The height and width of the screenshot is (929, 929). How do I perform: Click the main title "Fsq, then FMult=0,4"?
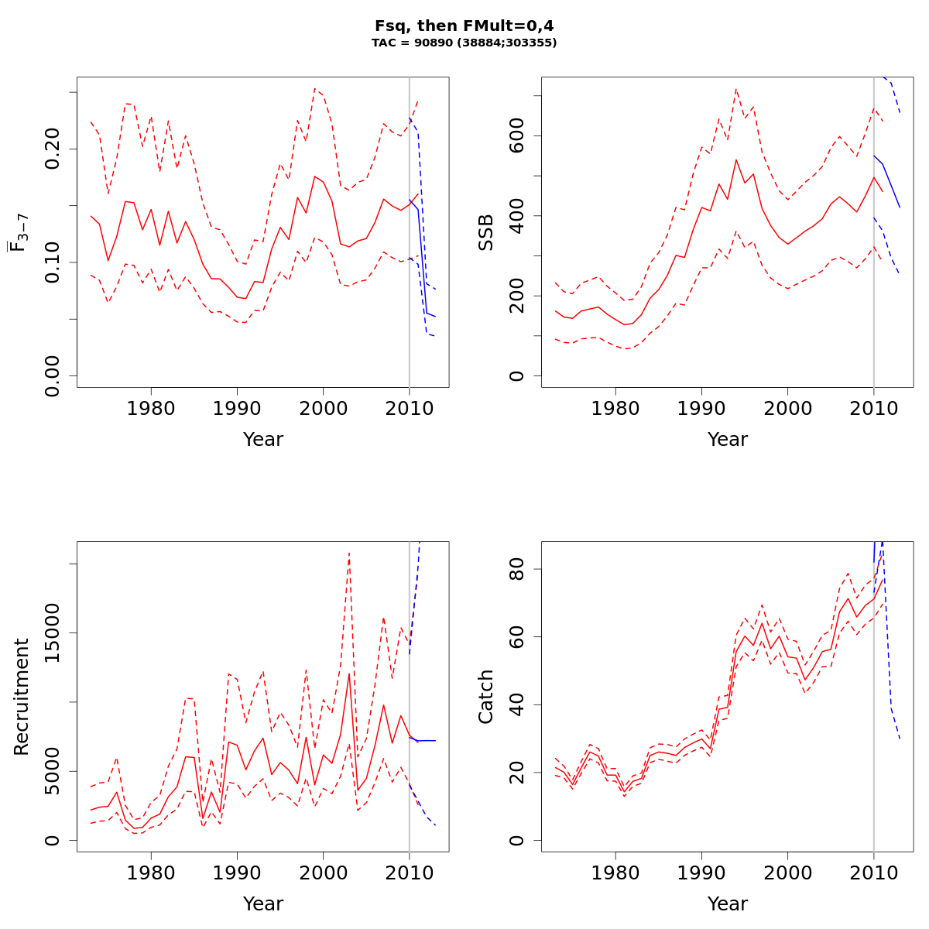[464, 26]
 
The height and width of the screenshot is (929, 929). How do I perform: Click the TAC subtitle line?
[464, 43]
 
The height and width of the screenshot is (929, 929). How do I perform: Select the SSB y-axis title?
[485, 232]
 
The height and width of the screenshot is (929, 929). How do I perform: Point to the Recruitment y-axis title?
[21, 697]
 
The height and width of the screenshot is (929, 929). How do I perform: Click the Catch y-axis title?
[485, 697]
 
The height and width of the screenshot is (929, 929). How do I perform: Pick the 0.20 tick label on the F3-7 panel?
[53, 149]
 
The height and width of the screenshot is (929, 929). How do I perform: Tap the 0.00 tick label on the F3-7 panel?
[53, 376]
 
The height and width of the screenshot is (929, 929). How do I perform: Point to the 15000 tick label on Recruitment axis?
[53, 633]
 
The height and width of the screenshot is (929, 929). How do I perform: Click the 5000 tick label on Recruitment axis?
[53, 771]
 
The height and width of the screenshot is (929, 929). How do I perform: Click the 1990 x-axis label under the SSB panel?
[701, 408]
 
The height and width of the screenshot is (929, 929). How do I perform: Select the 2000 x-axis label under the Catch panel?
[787, 872]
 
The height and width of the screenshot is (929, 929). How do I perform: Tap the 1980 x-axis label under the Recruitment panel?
[151, 872]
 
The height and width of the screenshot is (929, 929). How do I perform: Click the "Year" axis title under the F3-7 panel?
[263, 440]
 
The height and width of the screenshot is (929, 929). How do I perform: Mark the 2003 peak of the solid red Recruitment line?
[349, 673]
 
